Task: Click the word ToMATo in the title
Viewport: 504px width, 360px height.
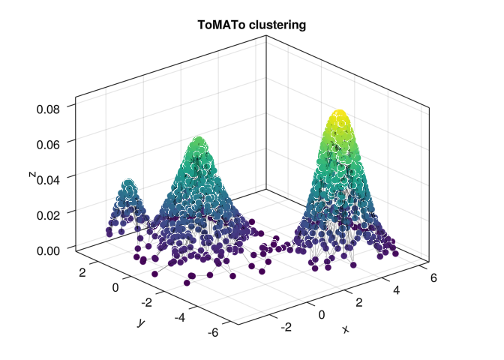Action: click(x=222, y=25)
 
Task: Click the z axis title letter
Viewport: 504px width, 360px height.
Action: click(x=31, y=174)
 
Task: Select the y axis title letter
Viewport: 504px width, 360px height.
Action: click(x=139, y=322)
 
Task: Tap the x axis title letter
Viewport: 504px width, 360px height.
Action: click(x=346, y=329)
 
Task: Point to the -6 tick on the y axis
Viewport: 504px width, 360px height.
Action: click(x=214, y=332)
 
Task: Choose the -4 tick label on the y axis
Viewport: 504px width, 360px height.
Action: click(x=181, y=317)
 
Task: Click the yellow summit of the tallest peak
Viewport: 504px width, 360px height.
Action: click(x=339, y=117)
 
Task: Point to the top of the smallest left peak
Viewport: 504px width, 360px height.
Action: click(x=129, y=184)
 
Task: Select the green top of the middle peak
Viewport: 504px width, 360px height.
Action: click(x=199, y=142)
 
